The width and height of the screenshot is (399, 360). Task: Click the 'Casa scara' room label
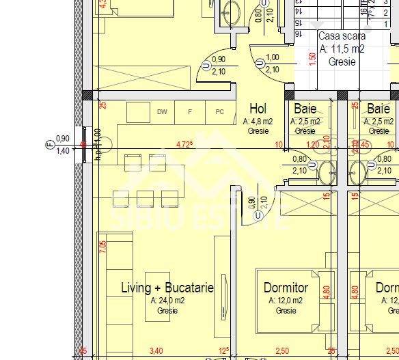coord(342,36)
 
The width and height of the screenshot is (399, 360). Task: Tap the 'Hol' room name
coord(258,109)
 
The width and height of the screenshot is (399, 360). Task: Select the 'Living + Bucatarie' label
coord(167,288)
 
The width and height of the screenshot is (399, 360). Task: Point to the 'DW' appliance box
coord(162,112)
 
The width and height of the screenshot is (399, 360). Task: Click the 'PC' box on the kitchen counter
coord(219,112)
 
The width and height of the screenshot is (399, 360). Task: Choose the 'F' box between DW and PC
coord(191,112)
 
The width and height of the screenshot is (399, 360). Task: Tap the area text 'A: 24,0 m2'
coord(167,300)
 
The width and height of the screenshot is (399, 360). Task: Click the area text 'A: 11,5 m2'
coord(342,49)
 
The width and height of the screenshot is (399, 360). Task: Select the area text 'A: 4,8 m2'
coord(258,121)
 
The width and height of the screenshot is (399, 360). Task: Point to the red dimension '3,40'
coord(156,352)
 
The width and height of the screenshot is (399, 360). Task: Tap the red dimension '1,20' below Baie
coord(313,145)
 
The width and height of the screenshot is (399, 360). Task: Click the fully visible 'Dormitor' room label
coord(286,288)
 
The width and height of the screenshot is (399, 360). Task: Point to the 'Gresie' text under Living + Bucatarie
coord(167,310)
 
